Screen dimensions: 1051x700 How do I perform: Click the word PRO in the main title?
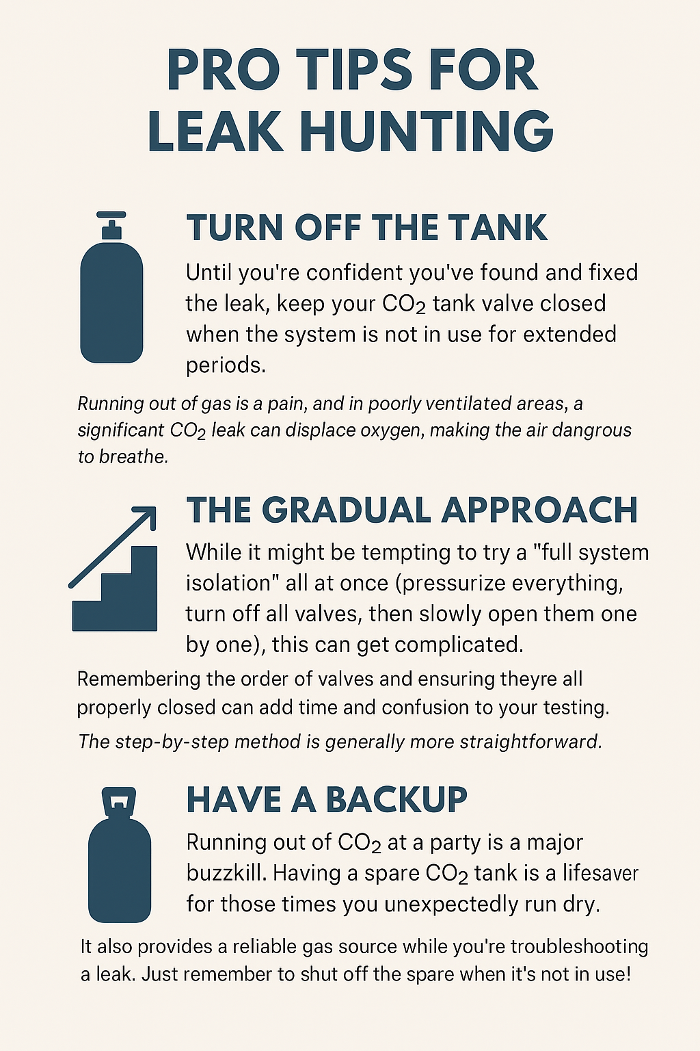[x=223, y=70]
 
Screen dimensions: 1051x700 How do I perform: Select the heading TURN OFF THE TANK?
[x=367, y=228]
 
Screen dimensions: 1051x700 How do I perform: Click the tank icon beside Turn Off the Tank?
[x=111, y=301]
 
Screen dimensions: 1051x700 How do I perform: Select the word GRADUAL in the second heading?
[x=347, y=510]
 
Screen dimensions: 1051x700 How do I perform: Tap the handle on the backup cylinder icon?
[x=119, y=801]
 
